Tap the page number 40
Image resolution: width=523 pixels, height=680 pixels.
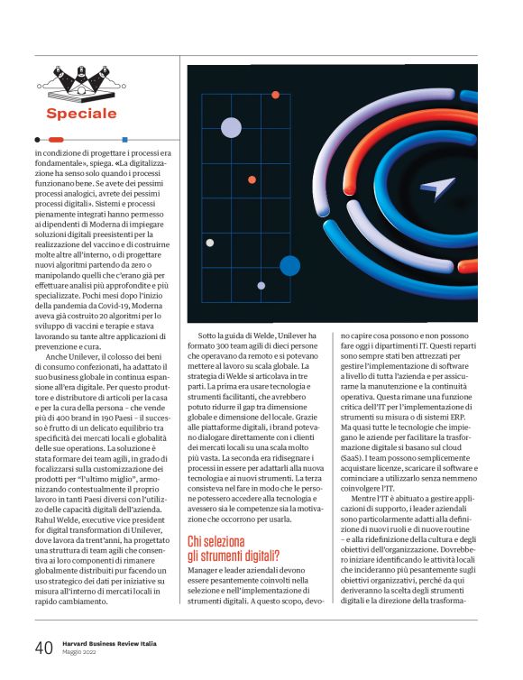[x=43, y=648]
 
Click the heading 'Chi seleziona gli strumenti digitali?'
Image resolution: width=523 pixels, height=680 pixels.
[x=241, y=548]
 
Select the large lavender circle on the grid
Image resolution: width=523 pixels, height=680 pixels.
[x=231, y=127]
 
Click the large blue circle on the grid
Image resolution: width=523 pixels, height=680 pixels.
[x=289, y=265]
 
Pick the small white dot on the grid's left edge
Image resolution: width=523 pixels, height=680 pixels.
[x=210, y=243]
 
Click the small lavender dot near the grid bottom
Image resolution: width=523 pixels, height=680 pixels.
[x=261, y=286]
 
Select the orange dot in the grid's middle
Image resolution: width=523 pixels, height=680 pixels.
[x=252, y=179]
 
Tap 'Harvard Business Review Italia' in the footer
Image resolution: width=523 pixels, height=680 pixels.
[x=108, y=644]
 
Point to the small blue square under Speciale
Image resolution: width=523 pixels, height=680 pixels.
[x=124, y=140]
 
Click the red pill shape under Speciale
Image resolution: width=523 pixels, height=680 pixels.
[x=56, y=140]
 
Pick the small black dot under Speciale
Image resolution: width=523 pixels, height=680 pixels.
[x=37, y=140]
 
